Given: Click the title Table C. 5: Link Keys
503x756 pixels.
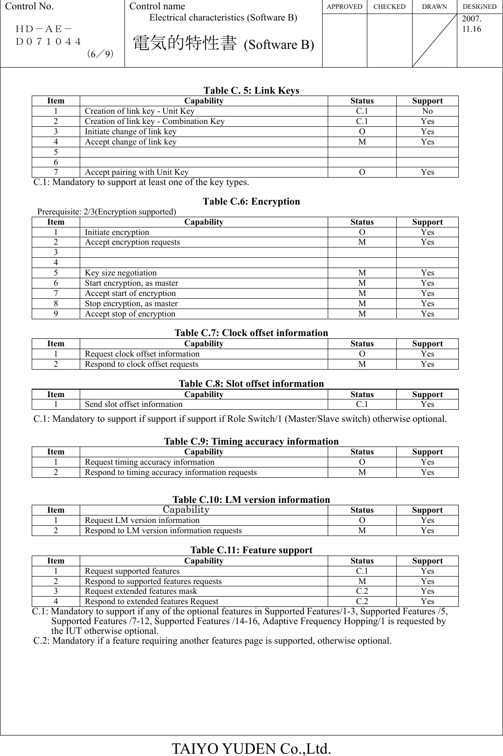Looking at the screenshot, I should (251, 90).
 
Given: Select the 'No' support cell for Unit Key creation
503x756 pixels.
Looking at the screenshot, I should (427, 111).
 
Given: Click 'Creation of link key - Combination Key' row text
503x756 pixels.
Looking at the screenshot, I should (154, 121).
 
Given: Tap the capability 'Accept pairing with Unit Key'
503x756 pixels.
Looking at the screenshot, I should (137, 172).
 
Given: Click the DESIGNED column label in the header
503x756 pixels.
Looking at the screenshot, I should (479, 7).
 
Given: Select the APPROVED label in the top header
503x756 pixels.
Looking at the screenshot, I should (344, 7).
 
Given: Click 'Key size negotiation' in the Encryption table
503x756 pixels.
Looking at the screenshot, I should (121, 273).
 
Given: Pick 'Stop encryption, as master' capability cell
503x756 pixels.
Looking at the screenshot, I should (131, 303).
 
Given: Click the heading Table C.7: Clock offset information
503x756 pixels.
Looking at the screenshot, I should (251, 333).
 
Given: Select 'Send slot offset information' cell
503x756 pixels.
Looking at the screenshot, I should (134, 404).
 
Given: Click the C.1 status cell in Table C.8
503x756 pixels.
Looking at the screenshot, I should (362, 404).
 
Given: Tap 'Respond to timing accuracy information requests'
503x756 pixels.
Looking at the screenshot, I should (171, 472).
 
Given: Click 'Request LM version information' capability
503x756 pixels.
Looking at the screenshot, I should (142, 520).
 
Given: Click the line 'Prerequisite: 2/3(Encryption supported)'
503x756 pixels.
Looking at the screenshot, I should (107, 212).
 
